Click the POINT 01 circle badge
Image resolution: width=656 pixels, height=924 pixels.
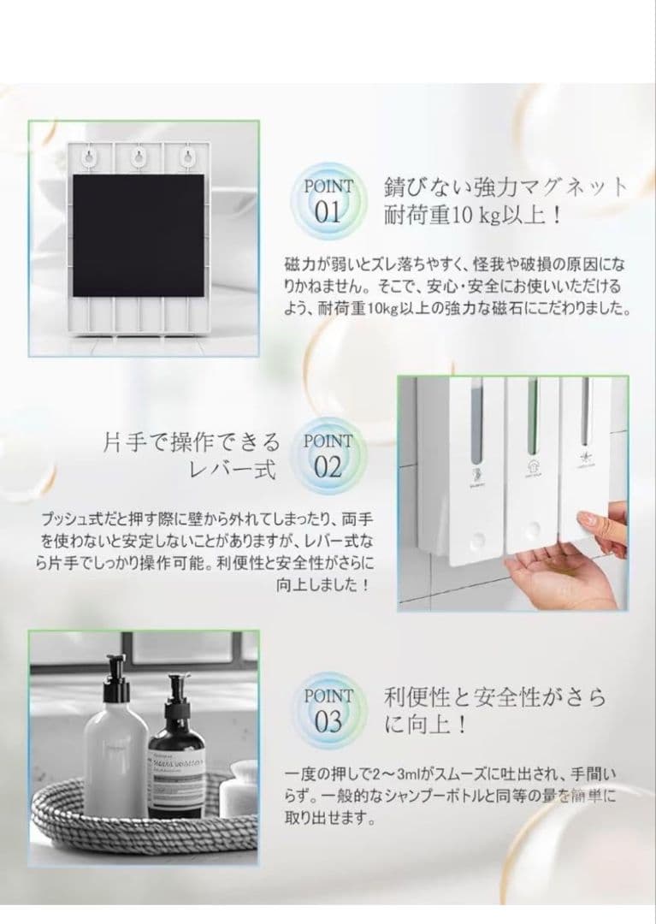[328, 200]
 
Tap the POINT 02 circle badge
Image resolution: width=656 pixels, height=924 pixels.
[328, 456]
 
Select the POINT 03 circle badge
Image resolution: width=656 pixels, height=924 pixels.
[328, 710]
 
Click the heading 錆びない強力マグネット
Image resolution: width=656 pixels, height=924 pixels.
[506, 187]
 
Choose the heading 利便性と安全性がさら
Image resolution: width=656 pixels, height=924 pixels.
[495, 697]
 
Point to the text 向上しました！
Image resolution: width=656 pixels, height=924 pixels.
[324, 586]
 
